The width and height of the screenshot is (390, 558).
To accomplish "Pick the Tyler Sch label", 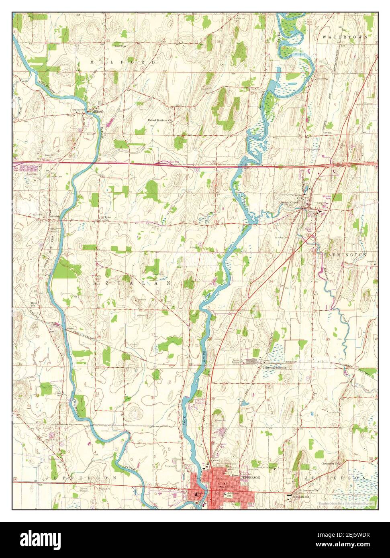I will (108, 219).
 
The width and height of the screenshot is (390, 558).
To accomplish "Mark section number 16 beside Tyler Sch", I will (103, 217).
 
